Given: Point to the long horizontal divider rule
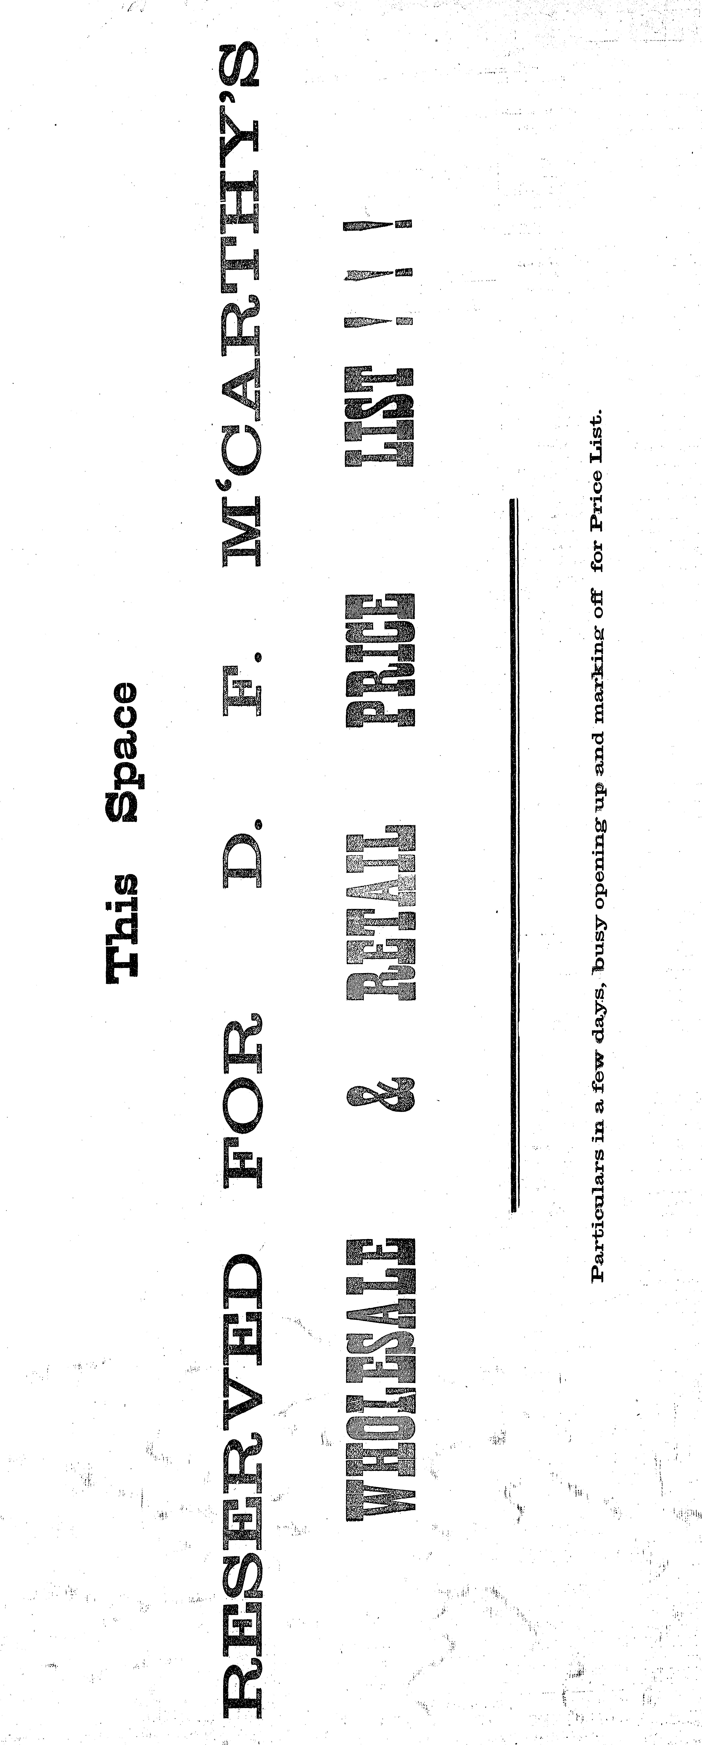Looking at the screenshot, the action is click(515, 853).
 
